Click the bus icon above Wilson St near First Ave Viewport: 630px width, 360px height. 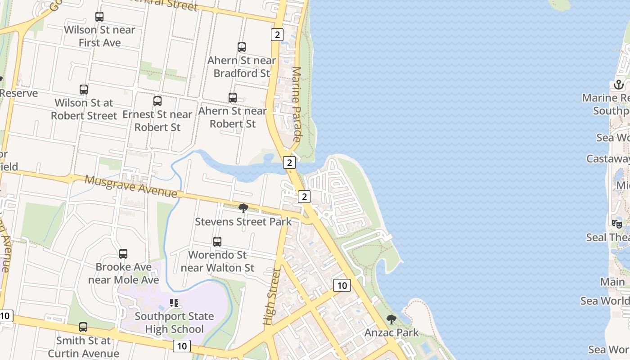click(x=99, y=17)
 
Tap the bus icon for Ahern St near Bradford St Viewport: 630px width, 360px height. click(x=242, y=47)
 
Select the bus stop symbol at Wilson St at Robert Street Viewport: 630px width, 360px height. click(x=84, y=90)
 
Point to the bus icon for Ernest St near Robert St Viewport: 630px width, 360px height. click(x=157, y=101)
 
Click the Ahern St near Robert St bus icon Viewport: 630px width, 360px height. click(x=233, y=98)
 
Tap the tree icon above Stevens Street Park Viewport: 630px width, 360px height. click(x=243, y=208)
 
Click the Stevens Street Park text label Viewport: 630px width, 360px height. click(x=243, y=222)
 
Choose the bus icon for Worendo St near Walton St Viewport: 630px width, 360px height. click(x=217, y=242)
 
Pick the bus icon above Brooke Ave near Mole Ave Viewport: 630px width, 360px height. click(x=123, y=254)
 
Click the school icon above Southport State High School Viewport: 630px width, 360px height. click(x=174, y=303)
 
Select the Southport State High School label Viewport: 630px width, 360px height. click(x=174, y=323)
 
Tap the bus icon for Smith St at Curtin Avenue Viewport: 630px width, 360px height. click(x=83, y=327)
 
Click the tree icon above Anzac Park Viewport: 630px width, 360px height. click(x=391, y=319)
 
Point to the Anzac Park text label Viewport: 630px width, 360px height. click(x=391, y=333)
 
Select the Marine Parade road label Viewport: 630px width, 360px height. click(x=297, y=104)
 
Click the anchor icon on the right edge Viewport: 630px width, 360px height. click(x=619, y=85)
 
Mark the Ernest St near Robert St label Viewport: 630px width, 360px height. click(x=157, y=121)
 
